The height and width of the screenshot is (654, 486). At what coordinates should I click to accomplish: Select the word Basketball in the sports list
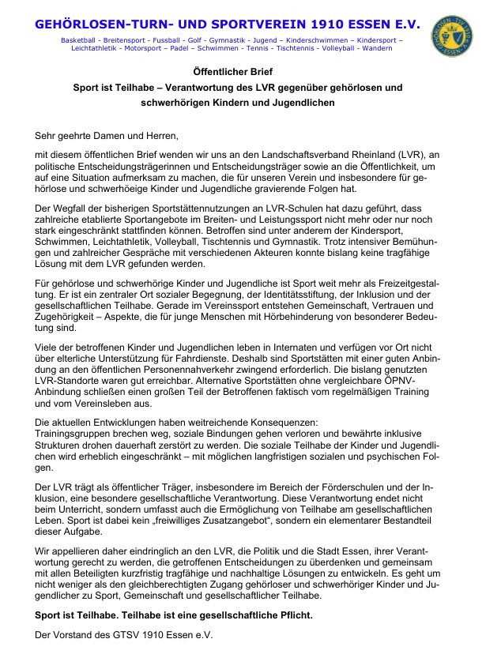click(76, 39)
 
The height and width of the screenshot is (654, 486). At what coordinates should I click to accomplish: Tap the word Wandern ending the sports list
click(375, 48)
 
